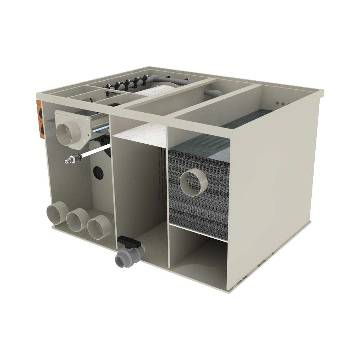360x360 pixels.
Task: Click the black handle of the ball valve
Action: pos(127,240)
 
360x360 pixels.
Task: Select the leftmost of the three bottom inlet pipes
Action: pos(56,213)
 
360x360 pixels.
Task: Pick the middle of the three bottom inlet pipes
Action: pos(77,220)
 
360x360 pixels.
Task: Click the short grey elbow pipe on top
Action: pos(212,93)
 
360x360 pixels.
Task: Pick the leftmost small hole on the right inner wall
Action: pos(277,103)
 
